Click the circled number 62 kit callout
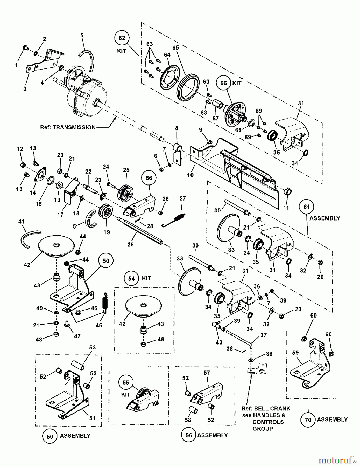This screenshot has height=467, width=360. (122, 38)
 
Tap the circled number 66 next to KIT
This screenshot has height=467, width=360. (223, 83)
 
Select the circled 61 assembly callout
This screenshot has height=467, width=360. (307, 207)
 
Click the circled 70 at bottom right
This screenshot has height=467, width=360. (308, 420)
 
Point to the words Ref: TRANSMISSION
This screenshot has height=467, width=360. (68, 127)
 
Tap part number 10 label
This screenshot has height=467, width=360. (190, 175)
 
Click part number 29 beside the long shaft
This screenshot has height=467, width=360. (130, 244)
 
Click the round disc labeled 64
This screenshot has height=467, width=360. (170, 77)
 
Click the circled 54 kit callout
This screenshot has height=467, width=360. (131, 278)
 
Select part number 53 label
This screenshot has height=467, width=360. (93, 347)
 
